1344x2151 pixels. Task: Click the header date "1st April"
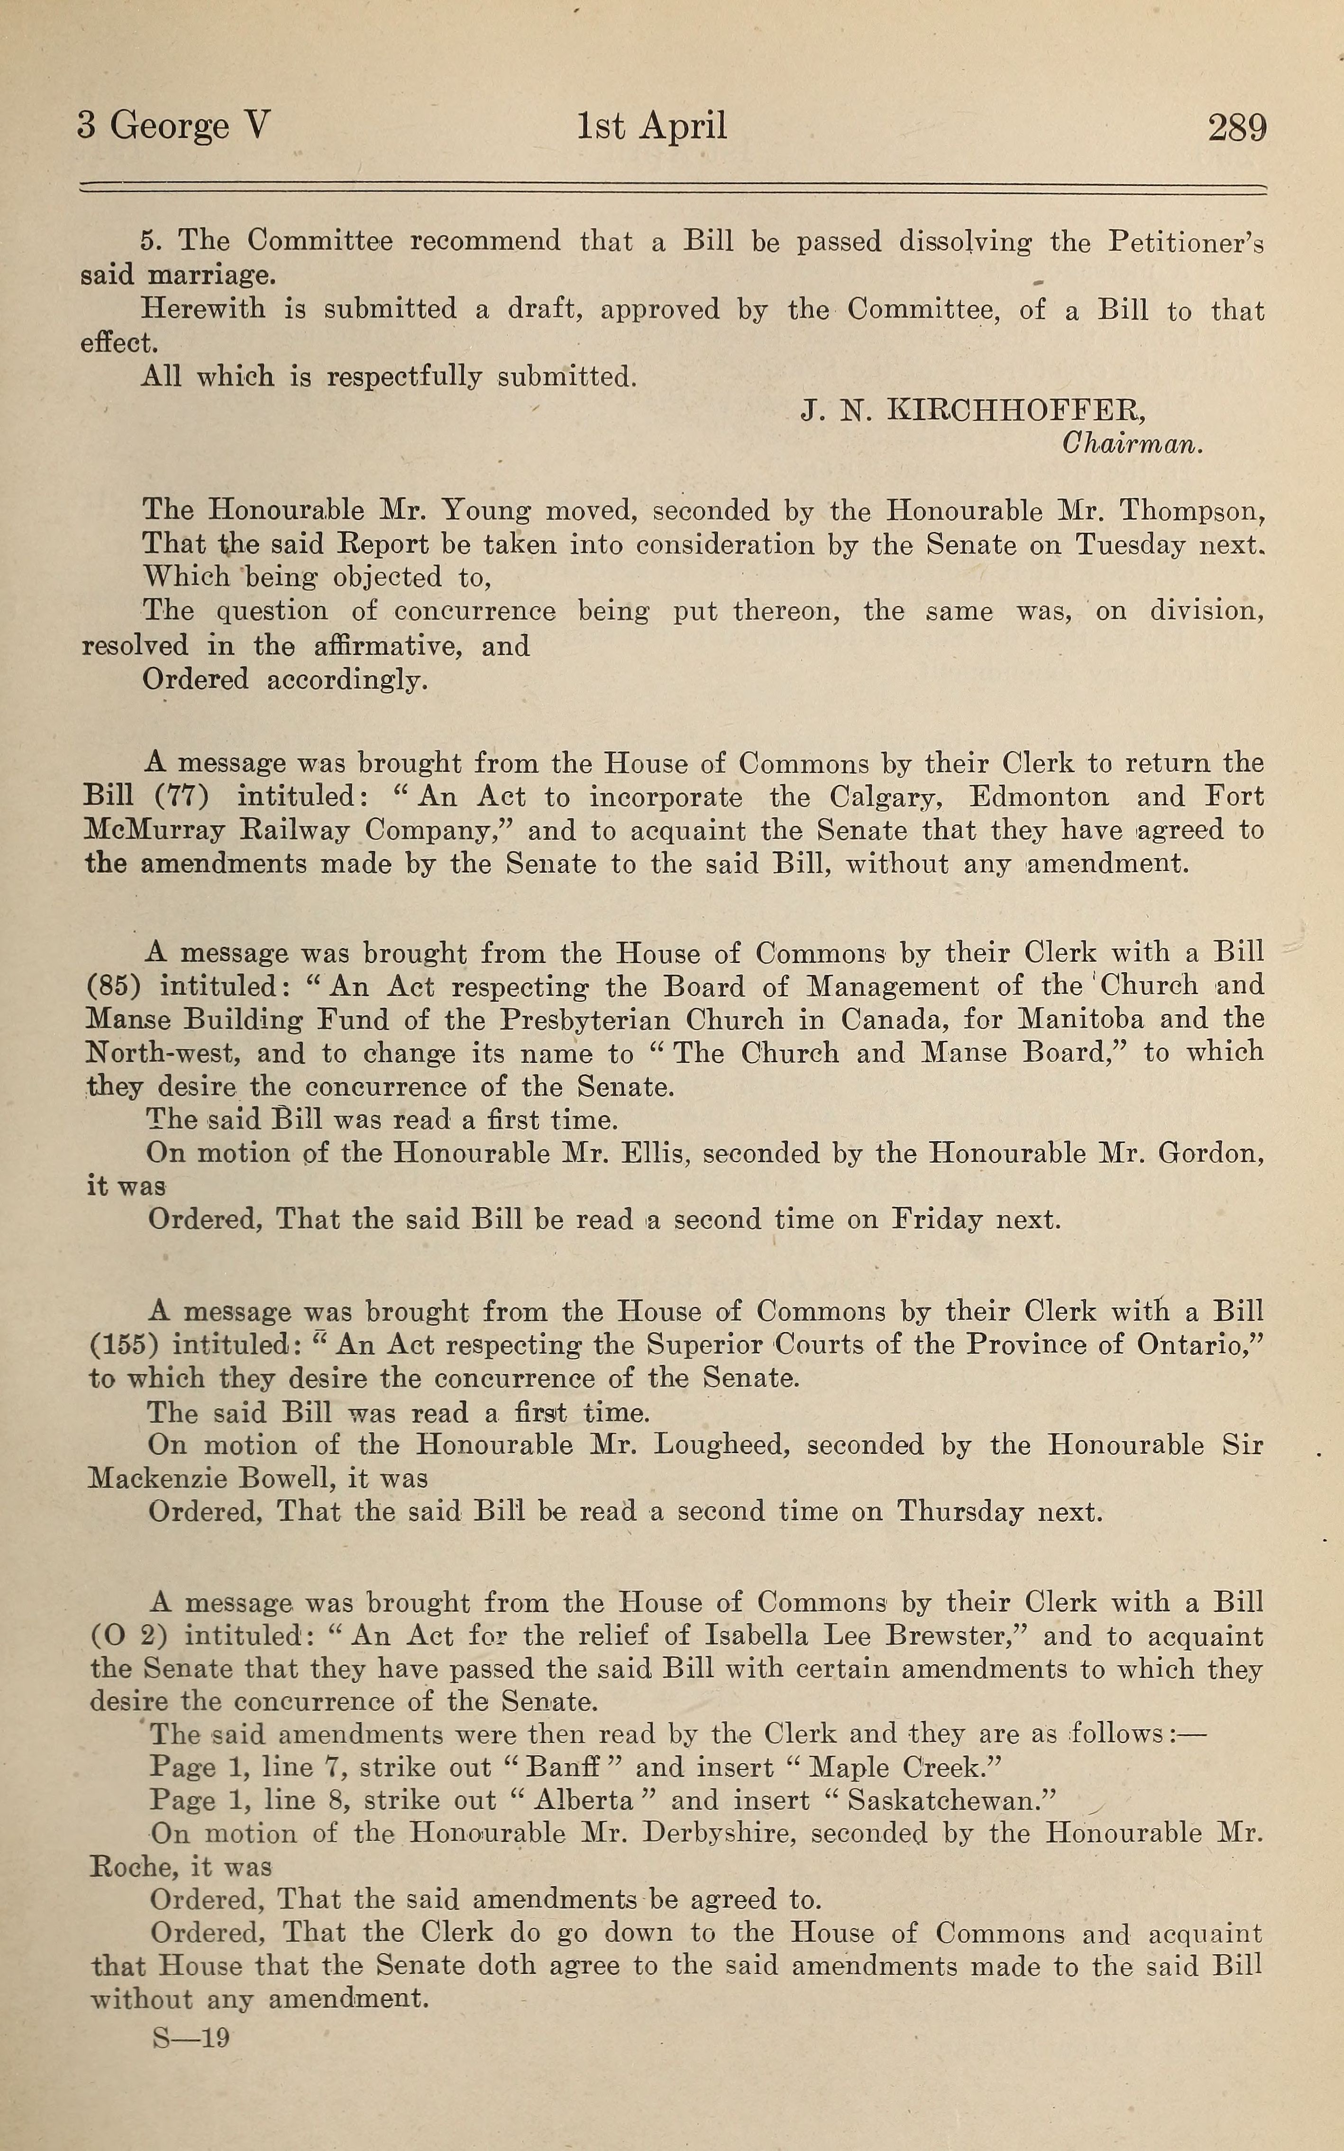point(651,126)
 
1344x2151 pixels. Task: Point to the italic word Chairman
point(1133,444)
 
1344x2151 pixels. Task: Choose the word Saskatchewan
point(949,1801)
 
